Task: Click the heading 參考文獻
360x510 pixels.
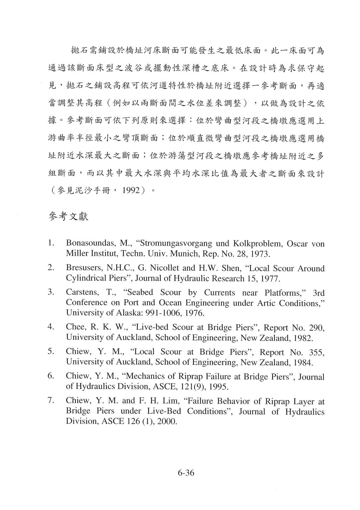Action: (68, 216)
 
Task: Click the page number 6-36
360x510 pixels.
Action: (186, 472)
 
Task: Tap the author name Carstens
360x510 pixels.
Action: (80, 293)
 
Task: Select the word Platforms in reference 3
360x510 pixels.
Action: (284, 293)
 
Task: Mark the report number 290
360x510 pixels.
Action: (316, 328)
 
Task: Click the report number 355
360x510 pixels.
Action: (316, 352)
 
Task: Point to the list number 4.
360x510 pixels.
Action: (51, 327)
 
